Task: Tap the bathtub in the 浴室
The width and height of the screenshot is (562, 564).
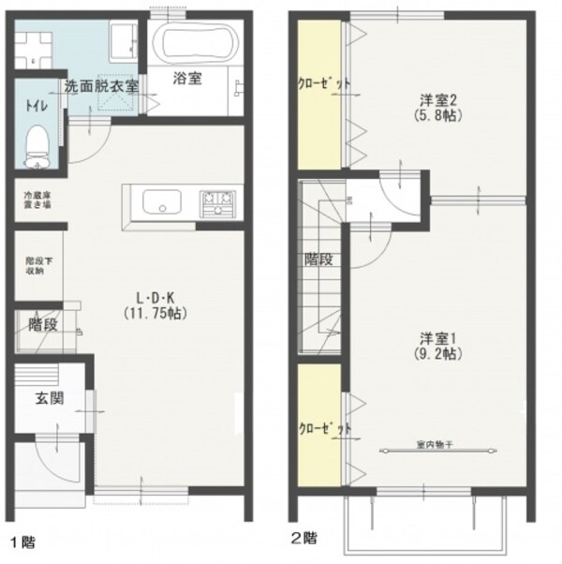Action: [194, 42]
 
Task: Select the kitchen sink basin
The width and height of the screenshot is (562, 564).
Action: [161, 201]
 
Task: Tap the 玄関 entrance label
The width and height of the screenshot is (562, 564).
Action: [48, 398]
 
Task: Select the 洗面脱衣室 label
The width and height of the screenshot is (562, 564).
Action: [101, 85]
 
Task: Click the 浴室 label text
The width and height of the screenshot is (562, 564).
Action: [186, 80]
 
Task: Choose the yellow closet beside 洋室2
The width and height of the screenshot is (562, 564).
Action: [317, 82]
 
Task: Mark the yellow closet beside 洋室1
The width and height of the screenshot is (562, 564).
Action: [317, 426]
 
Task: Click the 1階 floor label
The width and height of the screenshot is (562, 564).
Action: [23, 542]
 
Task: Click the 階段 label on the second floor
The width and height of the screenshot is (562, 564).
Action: [318, 260]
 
